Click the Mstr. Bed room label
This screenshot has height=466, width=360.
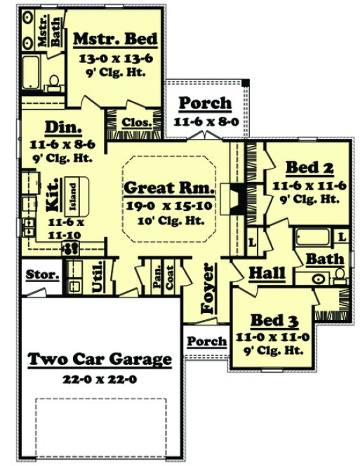pyautogui.click(x=115, y=39)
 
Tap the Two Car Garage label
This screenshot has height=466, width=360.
pyautogui.click(x=100, y=360)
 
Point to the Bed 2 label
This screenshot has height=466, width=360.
pyautogui.click(x=308, y=168)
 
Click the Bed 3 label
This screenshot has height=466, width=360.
pyautogui.click(x=273, y=320)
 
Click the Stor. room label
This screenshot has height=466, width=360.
pyautogui.click(x=43, y=274)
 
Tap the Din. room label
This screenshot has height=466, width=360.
pyautogui.click(x=64, y=128)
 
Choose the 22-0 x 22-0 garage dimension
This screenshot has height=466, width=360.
pyautogui.click(x=100, y=378)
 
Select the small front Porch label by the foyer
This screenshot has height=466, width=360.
pyautogui.click(x=208, y=342)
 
